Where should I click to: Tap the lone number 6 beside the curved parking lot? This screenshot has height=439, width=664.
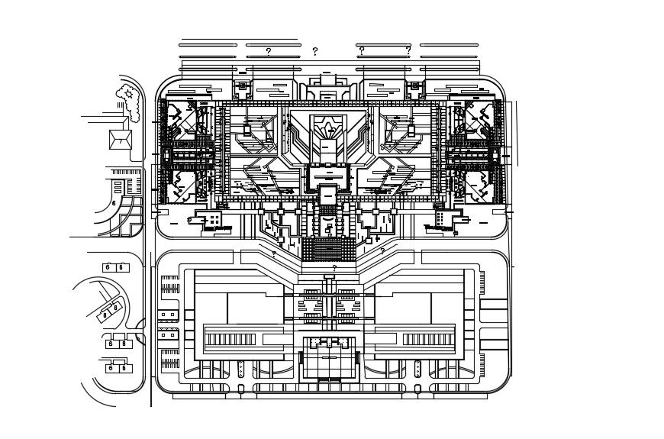pos(114,204)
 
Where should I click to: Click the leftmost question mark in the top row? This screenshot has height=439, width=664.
pos(268,52)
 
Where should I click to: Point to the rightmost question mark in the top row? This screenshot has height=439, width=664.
pos(408,50)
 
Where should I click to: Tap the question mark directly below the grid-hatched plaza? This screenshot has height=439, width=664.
pos(334,269)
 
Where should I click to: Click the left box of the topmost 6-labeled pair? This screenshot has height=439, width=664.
pos(108,267)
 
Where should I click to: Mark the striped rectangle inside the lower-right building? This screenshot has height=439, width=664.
pos(427,339)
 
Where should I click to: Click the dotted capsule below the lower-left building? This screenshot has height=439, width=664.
pos(241,370)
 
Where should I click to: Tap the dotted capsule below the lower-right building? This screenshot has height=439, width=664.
pos(417,370)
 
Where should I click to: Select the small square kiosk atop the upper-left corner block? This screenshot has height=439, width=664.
pos(243,86)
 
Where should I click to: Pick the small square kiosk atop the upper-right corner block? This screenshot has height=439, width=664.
pos(415,86)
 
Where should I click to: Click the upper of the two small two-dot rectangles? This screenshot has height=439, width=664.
pos(168,315)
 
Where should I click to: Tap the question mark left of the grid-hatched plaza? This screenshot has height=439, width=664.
pos(274,254)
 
